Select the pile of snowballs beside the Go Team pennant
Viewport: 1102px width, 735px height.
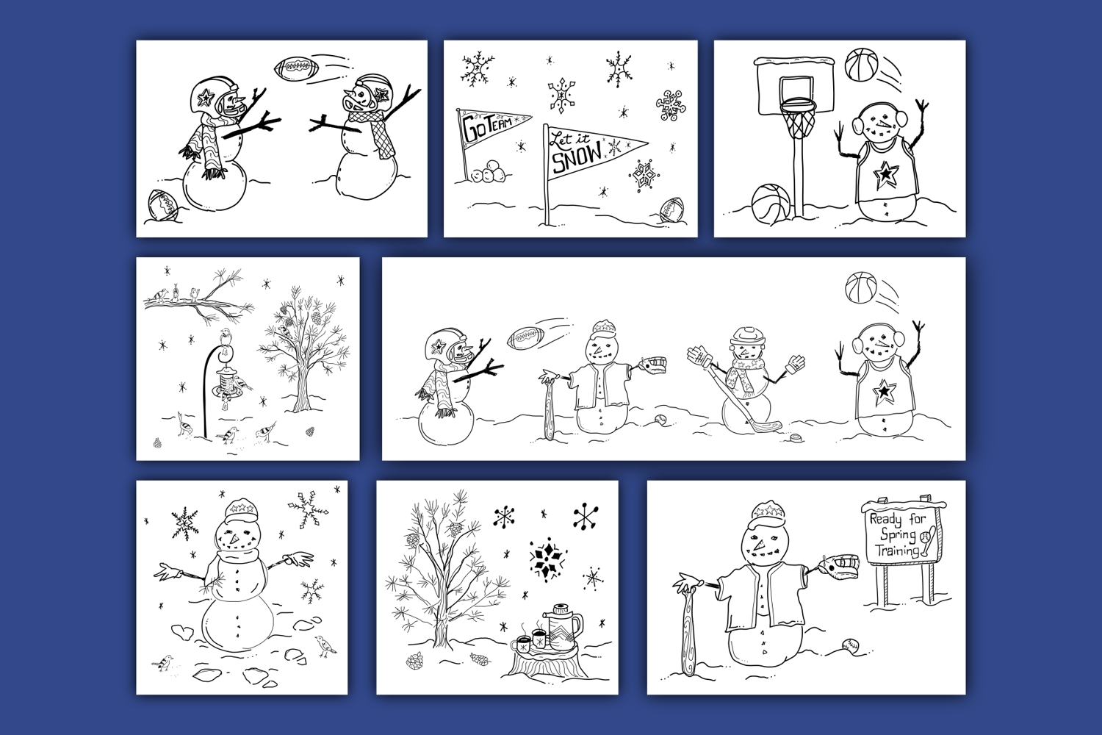(489, 173)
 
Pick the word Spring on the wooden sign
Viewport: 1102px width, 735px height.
(898, 535)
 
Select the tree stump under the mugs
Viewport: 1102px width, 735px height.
(547, 663)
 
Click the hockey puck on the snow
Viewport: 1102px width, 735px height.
(794, 437)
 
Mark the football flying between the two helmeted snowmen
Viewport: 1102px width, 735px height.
(293, 68)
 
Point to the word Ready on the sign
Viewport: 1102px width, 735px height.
(885, 520)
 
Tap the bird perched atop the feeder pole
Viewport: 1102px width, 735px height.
(226, 335)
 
